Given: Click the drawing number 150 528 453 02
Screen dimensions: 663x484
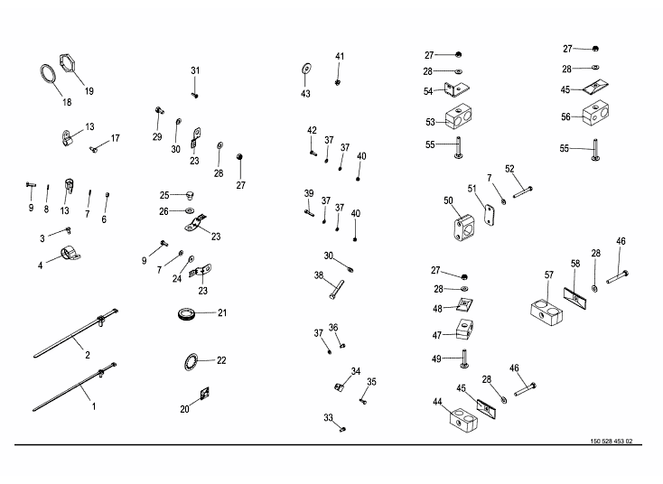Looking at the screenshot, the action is tap(611, 441).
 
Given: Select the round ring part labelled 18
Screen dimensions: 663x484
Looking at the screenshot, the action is tap(42, 74).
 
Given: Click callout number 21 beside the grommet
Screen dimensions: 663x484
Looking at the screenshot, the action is tap(222, 312).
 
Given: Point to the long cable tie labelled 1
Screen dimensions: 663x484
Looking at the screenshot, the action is tap(74, 386).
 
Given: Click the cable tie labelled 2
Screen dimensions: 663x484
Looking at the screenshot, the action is tap(75, 334).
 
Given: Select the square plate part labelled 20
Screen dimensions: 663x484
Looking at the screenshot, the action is tap(205, 394).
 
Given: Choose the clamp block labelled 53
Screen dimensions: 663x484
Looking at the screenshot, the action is tap(458, 118).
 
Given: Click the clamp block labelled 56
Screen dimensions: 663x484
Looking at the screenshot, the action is tap(596, 113).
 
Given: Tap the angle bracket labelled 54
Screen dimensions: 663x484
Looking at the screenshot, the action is tap(456, 88).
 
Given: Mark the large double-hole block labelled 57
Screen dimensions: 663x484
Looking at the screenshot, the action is tap(546, 312).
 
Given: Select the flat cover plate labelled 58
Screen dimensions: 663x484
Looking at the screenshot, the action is tap(575, 298).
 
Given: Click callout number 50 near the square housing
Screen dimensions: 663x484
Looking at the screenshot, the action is tap(448, 200).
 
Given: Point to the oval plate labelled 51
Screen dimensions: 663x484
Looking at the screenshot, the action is tap(490, 215).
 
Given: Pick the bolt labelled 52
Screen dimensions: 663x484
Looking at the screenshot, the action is tap(523, 192).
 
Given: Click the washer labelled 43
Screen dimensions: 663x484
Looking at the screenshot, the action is tap(306, 68).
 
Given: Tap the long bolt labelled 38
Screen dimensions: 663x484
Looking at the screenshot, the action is tap(336, 290).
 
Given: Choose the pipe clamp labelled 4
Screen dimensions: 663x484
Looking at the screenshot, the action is tap(72, 253).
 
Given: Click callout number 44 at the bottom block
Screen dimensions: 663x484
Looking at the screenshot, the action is tap(437, 402).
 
